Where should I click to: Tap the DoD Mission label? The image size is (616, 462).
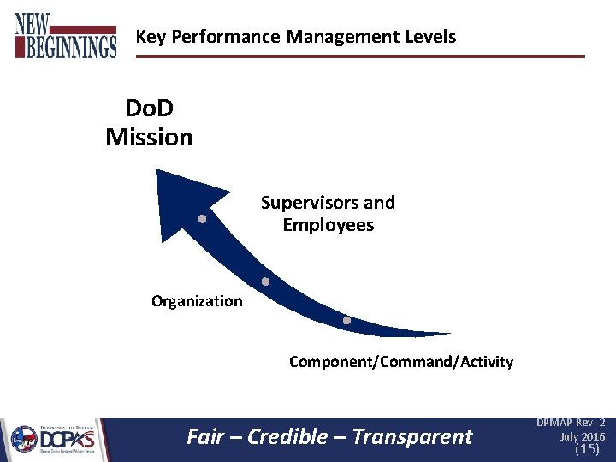(x=150, y=122)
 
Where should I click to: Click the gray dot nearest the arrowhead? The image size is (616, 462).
(x=202, y=219)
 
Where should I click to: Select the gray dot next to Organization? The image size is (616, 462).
(x=265, y=281)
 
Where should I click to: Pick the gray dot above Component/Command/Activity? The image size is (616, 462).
(x=346, y=321)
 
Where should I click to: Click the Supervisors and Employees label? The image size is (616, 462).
(x=328, y=214)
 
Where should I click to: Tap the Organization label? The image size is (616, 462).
(x=197, y=301)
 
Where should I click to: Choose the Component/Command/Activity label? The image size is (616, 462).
(x=401, y=362)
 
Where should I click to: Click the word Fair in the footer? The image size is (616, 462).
(x=204, y=437)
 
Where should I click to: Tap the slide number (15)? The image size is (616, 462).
(x=587, y=449)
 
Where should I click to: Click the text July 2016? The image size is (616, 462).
(x=583, y=436)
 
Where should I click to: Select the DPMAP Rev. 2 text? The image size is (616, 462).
(x=571, y=423)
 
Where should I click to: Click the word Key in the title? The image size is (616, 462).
(x=150, y=37)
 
